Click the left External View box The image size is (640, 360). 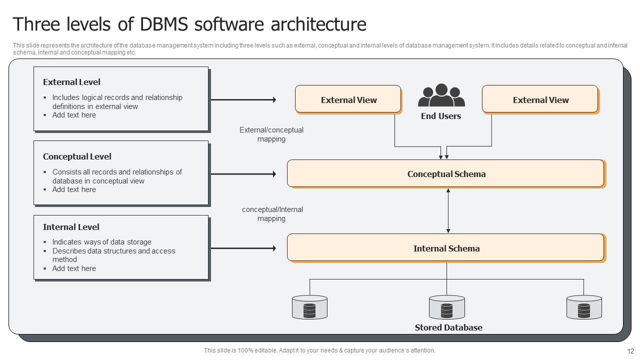coord(348,99)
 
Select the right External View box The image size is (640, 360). coord(540,99)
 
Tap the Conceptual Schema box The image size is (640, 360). coord(446,173)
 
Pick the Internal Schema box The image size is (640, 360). coord(446,248)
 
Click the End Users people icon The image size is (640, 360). coord(441,95)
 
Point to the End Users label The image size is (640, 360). coord(441,116)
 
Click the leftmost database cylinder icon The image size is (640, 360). coord(309,307)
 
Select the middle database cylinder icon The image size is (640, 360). coord(446,307)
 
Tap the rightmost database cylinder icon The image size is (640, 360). coord(583,307)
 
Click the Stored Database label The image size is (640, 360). coord(448,327)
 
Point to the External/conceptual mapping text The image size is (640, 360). coord(271,134)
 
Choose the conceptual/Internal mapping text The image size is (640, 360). coord(272,214)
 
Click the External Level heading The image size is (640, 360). coord(71,82)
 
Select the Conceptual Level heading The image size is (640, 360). coord(77,156)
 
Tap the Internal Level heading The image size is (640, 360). coord(71,227)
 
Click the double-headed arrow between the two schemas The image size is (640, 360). coord(448,210)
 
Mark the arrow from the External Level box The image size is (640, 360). coord(243,100)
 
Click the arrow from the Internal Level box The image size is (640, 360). coord(243,248)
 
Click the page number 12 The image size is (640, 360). coord(630,351)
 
